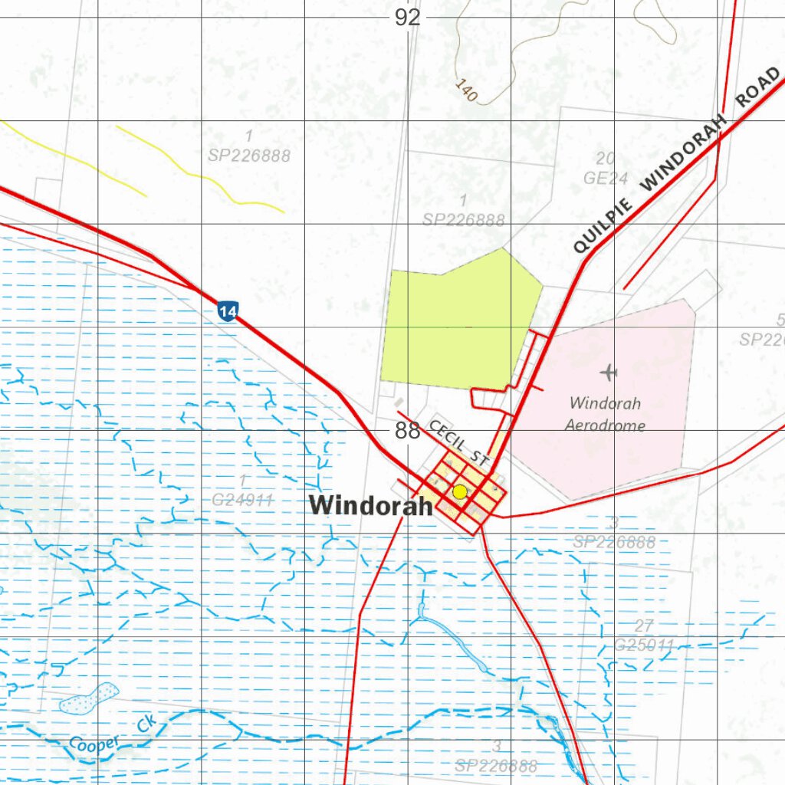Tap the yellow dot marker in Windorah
click(459, 492)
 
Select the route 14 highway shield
click(227, 311)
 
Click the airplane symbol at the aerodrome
click(609, 373)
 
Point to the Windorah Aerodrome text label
click(605, 414)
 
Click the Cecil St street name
click(458, 443)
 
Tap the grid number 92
click(408, 18)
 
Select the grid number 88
click(408, 431)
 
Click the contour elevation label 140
click(466, 90)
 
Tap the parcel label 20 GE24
click(606, 169)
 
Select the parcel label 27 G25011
click(645, 636)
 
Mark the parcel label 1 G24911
click(243, 491)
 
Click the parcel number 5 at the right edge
click(780, 320)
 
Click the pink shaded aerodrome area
click(613, 452)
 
